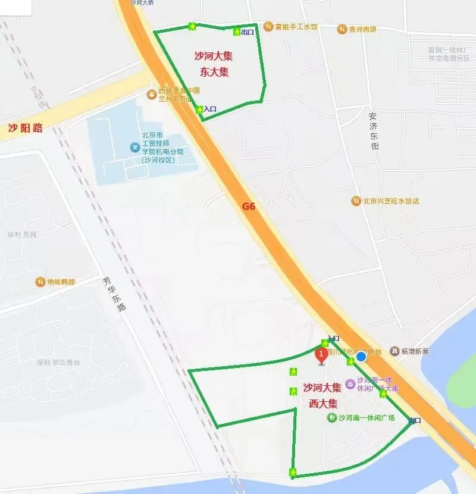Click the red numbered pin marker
point(321,356)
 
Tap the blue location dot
point(361,357)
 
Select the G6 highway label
point(249,207)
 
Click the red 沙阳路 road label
point(25,128)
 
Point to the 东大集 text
point(214,72)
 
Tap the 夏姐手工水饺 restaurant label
point(296,27)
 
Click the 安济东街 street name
point(373,131)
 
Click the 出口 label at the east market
point(248,32)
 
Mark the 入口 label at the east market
point(210,109)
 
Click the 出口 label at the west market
point(415,421)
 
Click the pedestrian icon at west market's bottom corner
point(293,472)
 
